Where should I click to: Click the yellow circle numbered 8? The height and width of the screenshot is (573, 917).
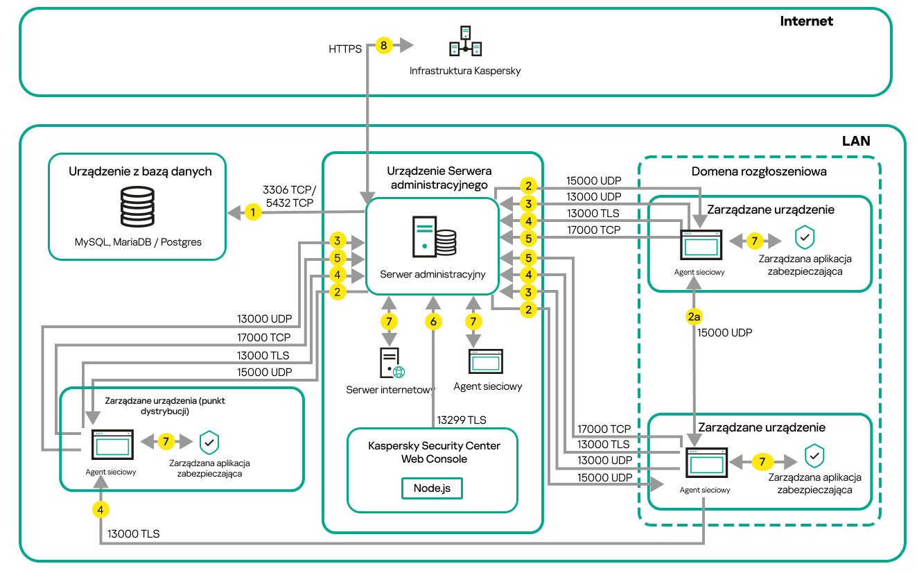(x=383, y=46)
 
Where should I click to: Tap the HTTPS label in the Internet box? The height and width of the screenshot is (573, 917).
(x=345, y=49)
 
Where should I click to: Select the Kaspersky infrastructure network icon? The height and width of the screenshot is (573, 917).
(x=465, y=41)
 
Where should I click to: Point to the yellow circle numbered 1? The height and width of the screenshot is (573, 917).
(x=254, y=212)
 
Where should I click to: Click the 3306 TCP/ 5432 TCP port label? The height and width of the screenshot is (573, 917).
(x=289, y=196)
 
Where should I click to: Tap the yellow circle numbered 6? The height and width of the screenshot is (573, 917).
(x=433, y=322)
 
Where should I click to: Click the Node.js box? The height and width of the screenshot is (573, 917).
(x=432, y=488)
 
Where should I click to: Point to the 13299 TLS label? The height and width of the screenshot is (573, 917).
(x=461, y=420)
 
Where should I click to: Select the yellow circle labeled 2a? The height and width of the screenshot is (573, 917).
(x=694, y=316)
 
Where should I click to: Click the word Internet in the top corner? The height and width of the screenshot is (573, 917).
(x=806, y=21)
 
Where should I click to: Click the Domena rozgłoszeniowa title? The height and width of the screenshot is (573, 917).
(x=759, y=171)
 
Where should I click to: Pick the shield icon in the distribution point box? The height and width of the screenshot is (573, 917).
(x=209, y=441)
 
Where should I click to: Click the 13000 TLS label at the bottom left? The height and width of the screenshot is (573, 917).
(x=133, y=533)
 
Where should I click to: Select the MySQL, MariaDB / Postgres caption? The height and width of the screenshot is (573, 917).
(x=138, y=242)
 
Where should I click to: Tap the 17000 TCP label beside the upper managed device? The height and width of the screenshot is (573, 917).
(x=593, y=229)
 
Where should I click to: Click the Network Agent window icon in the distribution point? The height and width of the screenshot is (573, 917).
(x=112, y=444)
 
